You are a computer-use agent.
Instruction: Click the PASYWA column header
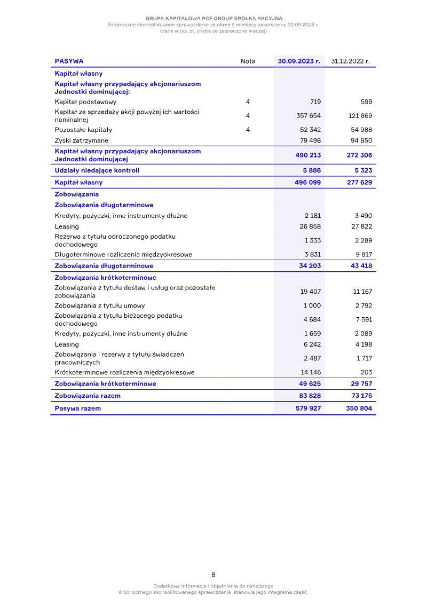point(69,61)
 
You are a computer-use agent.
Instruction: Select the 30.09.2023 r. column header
point(299,61)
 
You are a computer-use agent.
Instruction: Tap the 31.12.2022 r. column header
point(350,61)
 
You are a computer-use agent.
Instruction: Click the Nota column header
point(248,61)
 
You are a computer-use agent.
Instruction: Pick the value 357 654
point(309,116)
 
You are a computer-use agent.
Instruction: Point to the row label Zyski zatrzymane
point(81,140)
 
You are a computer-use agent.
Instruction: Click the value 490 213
point(309,155)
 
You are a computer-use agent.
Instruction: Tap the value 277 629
point(360,183)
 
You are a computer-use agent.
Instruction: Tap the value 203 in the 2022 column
point(366,372)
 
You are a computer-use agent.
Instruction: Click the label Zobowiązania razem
point(88,396)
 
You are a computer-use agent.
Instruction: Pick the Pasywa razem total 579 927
point(309,409)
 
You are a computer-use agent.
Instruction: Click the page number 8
point(213,575)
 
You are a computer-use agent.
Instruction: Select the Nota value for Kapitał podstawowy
point(248,102)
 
